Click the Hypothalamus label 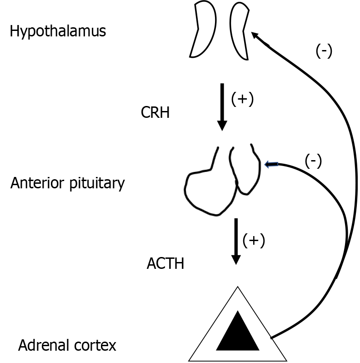click(58, 32)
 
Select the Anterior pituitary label click(67, 183)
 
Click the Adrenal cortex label click(67, 345)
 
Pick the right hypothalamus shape click(240, 30)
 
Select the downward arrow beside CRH click(222, 107)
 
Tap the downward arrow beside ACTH click(235, 242)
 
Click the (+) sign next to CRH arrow click(242, 99)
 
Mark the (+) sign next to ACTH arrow click(254, 240)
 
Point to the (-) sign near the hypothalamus click(324, 50)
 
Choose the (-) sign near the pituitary click(313, 161)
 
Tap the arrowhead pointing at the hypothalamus click(255, 35)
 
